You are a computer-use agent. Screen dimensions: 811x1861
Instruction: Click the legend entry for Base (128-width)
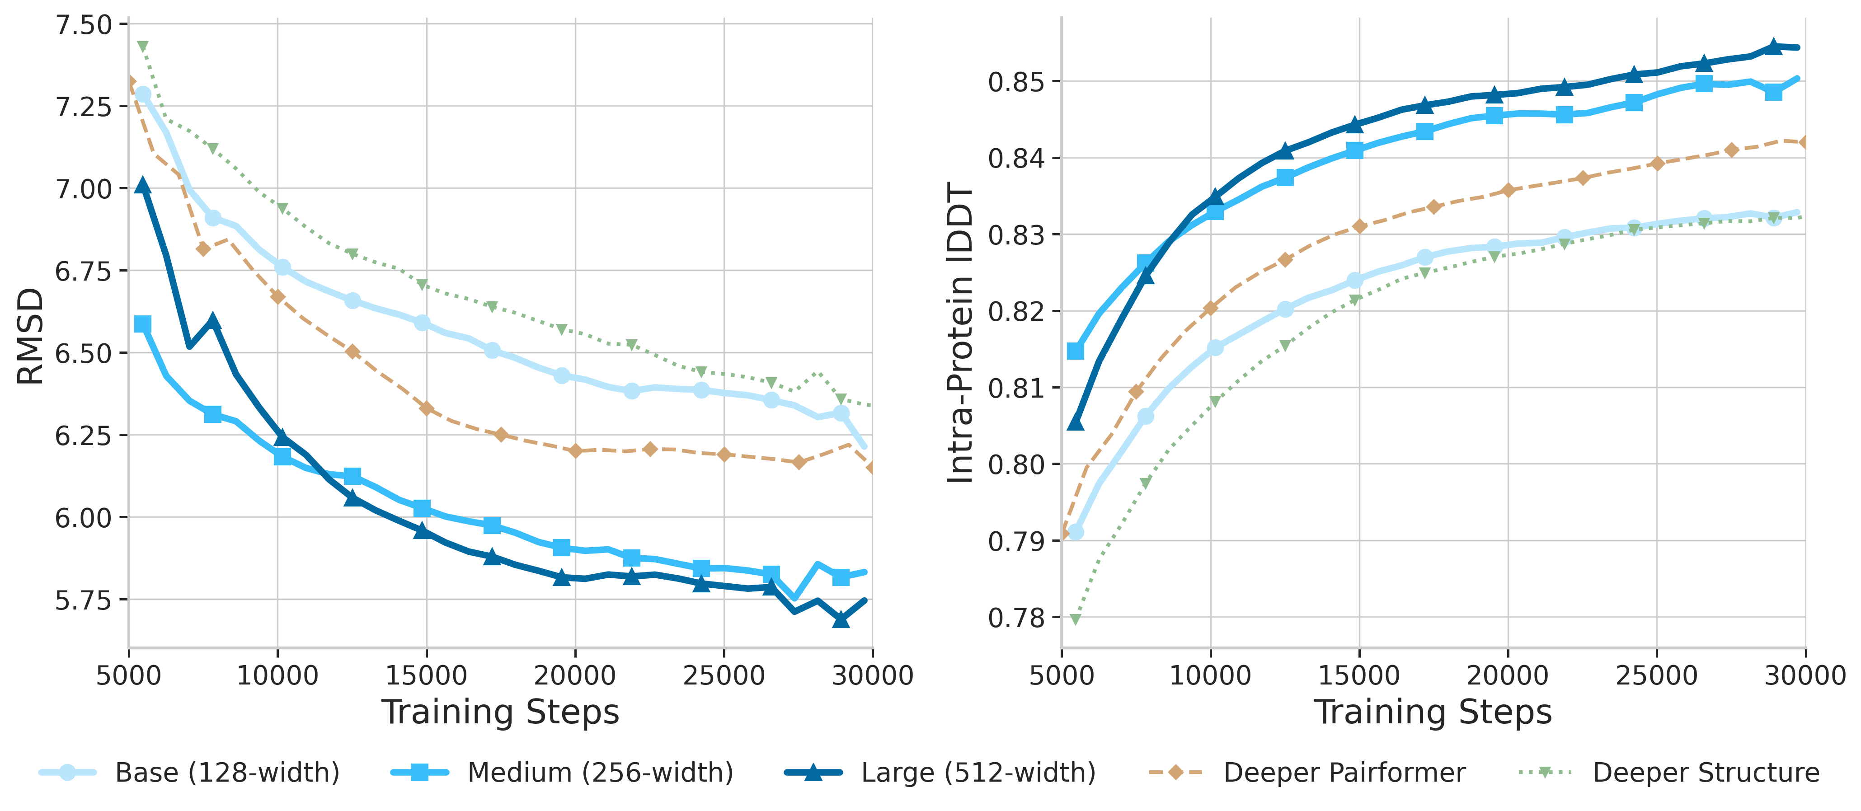pos(227,772)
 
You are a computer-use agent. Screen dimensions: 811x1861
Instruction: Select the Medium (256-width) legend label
pos(600,772)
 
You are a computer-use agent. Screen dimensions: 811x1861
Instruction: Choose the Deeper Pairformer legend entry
pos(1344,772)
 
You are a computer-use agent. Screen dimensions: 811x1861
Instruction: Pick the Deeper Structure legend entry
pos(1706,772)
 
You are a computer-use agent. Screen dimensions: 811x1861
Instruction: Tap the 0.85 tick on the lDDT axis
pos(1016,82)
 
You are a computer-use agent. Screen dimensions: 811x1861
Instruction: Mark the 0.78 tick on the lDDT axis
pos(1016,618)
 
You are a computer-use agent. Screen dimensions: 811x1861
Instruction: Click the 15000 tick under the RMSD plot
pos(426,675)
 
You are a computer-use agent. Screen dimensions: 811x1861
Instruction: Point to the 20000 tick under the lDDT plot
pos(1508,675)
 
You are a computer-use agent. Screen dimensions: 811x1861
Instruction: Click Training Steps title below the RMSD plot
pos(500,712)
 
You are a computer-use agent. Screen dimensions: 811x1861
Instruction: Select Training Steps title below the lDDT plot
pos(1433,712)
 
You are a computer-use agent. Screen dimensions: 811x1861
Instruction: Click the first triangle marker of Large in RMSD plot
pos(143,186)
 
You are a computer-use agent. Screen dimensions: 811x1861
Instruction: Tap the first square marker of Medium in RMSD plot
pos(143,324)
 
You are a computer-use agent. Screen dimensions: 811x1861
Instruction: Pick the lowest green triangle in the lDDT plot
pos(1076,619)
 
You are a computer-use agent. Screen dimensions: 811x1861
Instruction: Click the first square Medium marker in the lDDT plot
pos(1076,351)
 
